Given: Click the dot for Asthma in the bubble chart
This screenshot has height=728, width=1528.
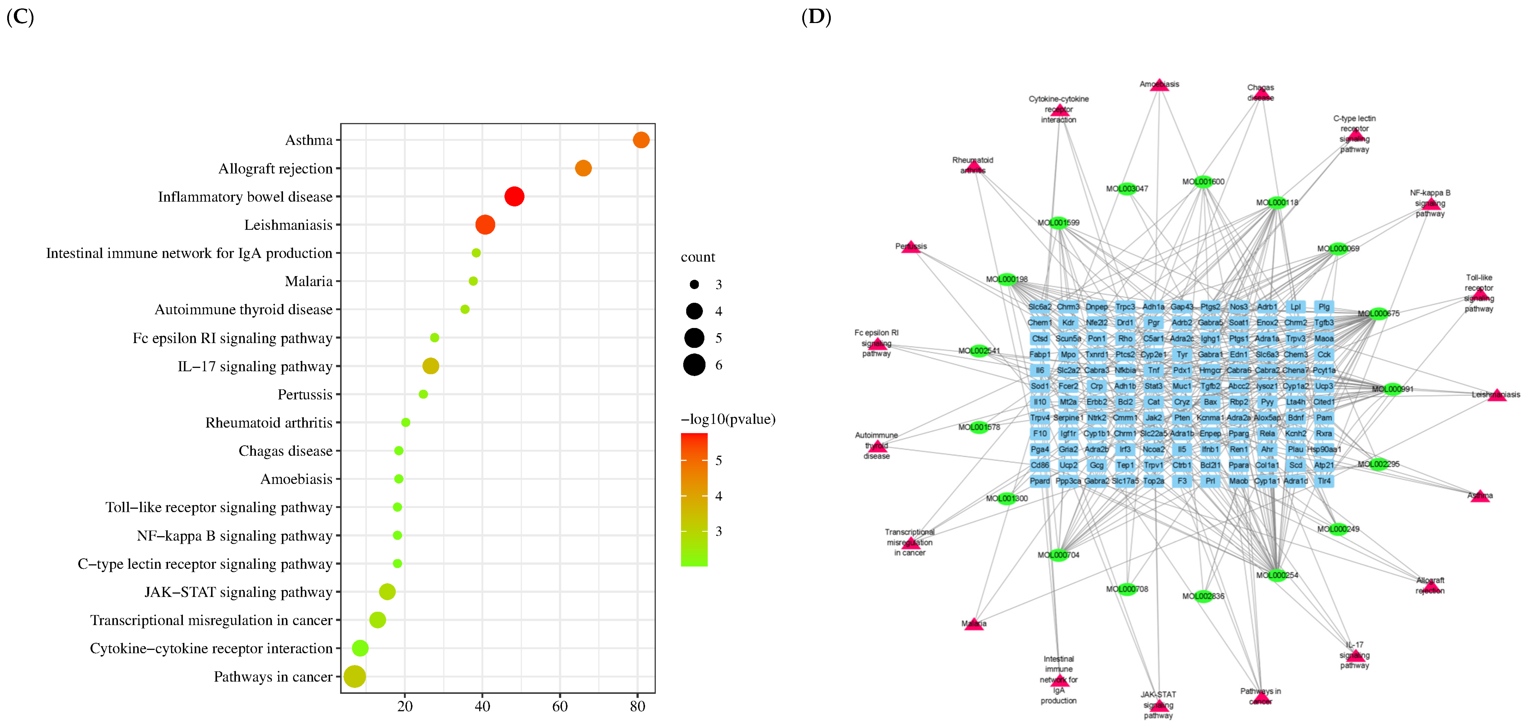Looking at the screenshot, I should [x=641, y=140].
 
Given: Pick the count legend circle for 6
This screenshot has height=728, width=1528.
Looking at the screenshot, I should [x=694, y=365].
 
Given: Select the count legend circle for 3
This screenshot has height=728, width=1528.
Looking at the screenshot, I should [x=694, y=285].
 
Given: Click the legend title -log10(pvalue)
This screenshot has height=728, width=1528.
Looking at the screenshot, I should [x=728, y=419].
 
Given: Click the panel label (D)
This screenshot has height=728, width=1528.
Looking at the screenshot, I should [x=816, y=17].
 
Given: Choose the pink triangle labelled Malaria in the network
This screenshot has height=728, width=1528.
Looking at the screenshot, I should [x=973, y=624].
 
